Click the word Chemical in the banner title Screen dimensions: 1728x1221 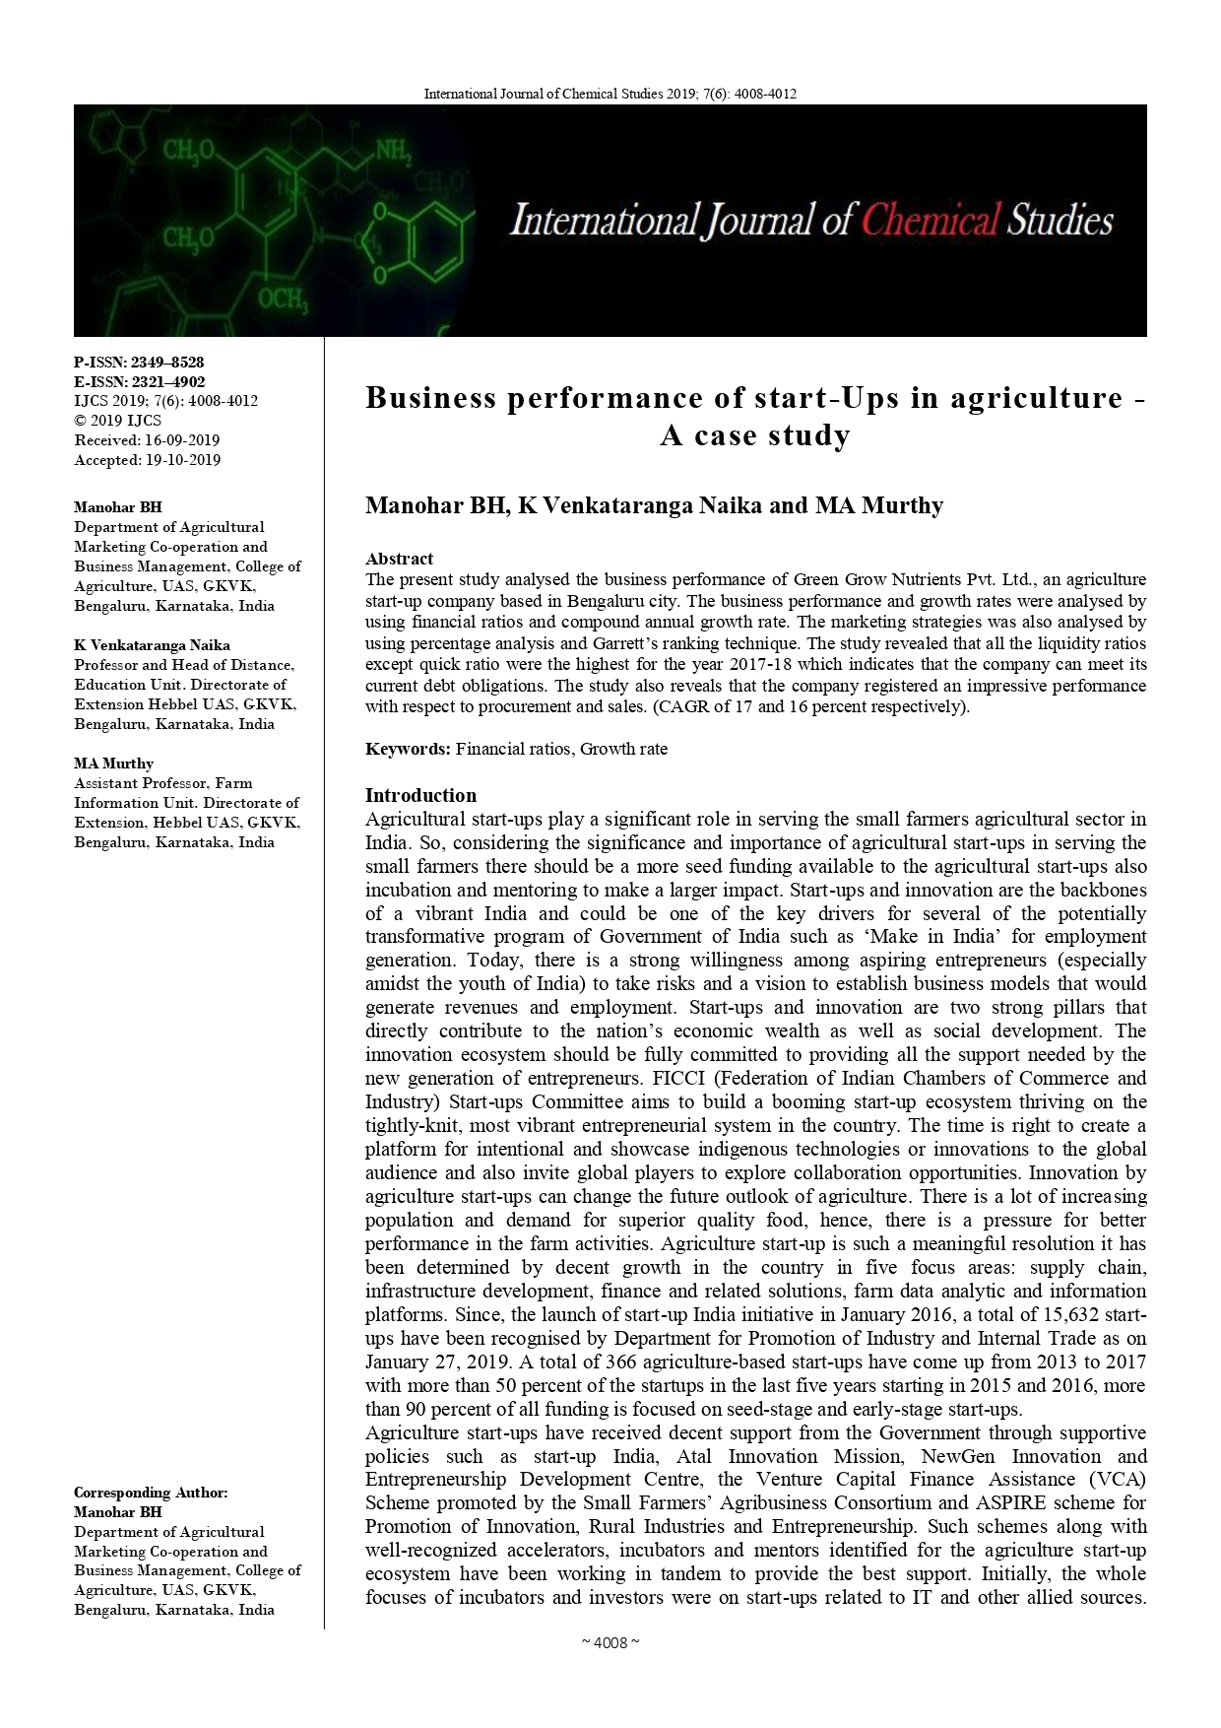[931, 220]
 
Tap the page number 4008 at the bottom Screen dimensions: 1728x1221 [610, 1642]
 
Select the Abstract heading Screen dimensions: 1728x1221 [399, 559]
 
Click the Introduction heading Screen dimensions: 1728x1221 [420, 795]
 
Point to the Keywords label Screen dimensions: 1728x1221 [408, 749]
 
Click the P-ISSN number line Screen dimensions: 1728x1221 [139, 363]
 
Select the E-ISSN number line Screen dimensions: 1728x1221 [139, 382]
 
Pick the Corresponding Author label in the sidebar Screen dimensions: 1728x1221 [151, 1493]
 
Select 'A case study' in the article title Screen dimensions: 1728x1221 [755, 435]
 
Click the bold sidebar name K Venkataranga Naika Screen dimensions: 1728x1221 [152, 645]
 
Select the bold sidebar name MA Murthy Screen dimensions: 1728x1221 [113, 764]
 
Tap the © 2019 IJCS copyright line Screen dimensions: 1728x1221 [118, 421]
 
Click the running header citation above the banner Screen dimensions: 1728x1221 [610, 94]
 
